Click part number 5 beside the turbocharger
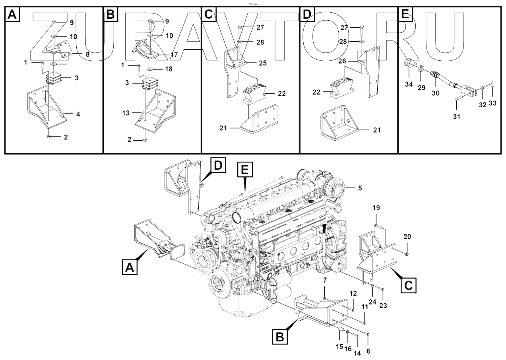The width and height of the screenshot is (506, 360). point(360,188)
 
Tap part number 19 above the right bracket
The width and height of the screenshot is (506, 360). point(376,208)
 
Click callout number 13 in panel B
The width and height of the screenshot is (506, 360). point(126,113)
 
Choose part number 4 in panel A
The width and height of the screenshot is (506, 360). point(78,114)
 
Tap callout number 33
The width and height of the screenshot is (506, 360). point(492,104)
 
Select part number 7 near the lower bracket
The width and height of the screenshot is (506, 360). point(325,281)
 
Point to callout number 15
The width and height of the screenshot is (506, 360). point(339,347)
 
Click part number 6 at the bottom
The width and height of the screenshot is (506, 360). point(368,351)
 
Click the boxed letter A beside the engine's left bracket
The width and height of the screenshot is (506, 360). point(128,269)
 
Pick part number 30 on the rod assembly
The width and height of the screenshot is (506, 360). point(436,94)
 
